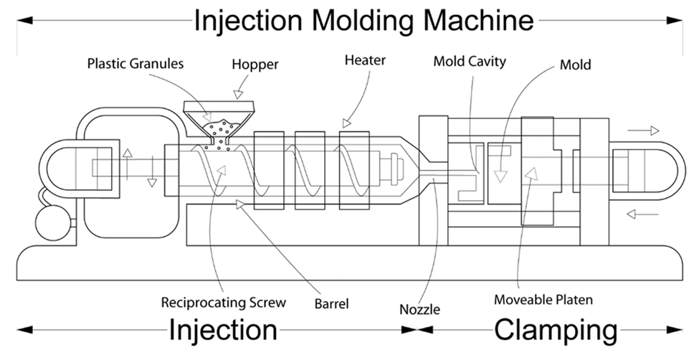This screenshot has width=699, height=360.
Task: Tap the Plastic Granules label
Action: click(135, 64)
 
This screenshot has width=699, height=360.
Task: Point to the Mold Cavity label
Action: click(470, 61)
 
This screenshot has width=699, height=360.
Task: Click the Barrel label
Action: click(332, 303)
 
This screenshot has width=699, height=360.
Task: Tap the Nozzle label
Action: click(419, 310)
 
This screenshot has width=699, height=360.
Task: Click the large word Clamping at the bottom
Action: click(556, 331)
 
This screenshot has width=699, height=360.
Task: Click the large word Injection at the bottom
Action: click(223, 331)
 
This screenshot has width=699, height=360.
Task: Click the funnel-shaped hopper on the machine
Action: click(219, 115)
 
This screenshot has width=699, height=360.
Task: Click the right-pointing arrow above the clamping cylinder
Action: click(643, 131)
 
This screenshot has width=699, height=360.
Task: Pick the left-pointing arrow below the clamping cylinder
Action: click(642, 213)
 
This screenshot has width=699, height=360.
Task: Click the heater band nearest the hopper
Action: click(268, 170)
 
